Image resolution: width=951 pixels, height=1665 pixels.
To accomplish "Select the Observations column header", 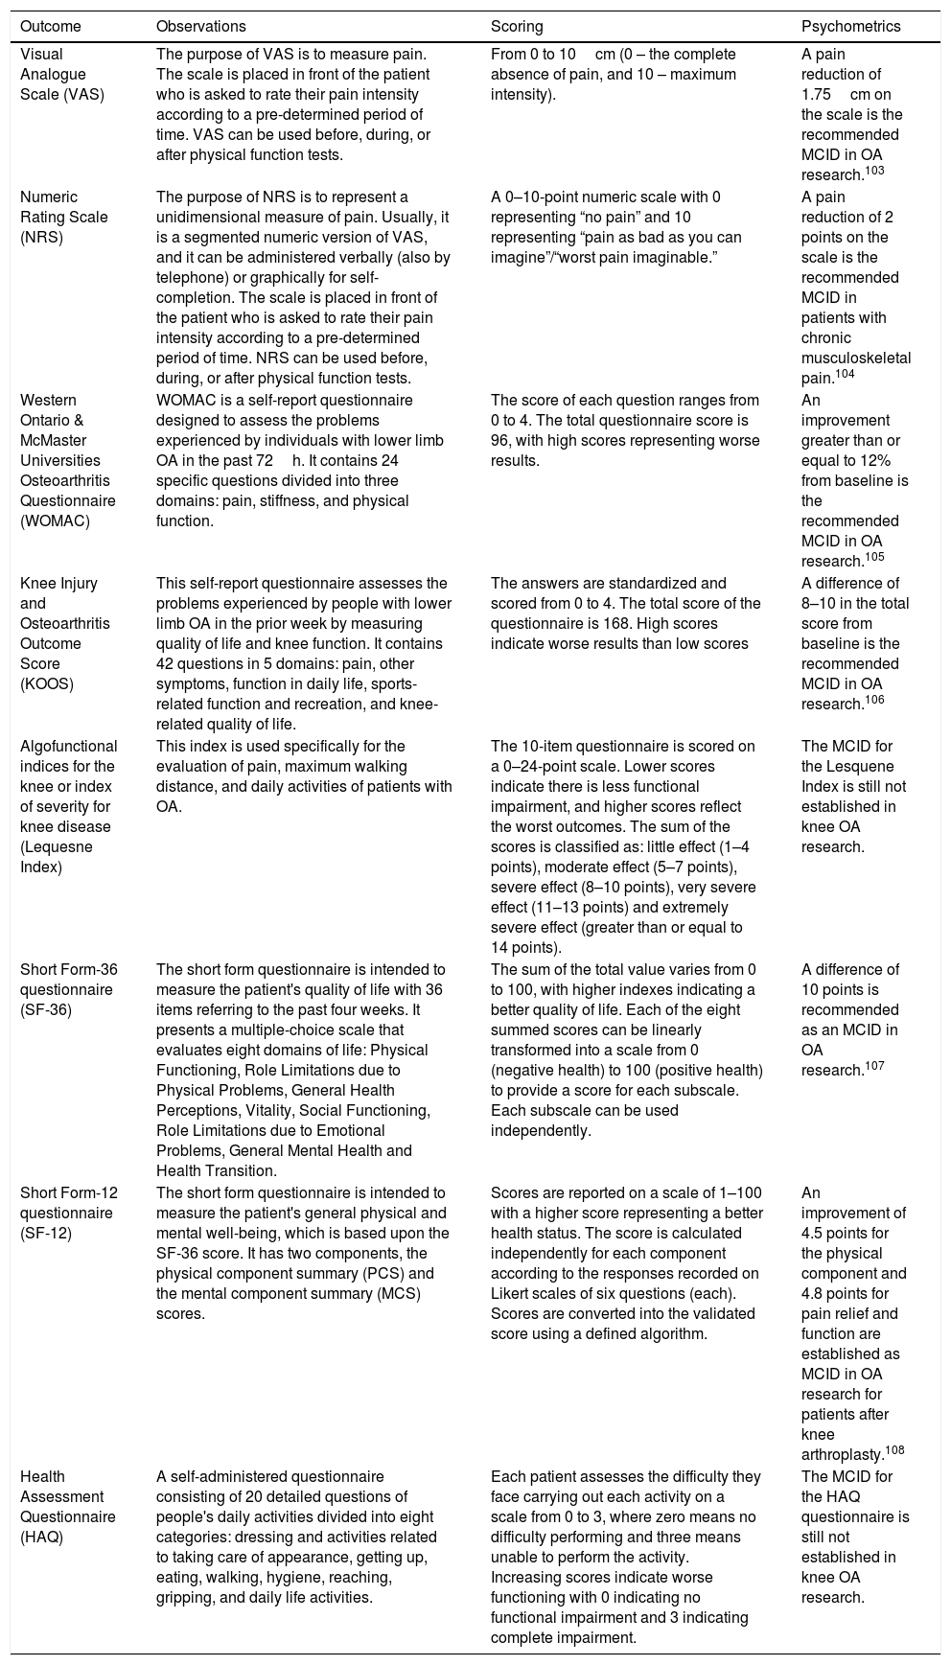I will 200,27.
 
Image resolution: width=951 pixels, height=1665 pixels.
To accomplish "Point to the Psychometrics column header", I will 850,27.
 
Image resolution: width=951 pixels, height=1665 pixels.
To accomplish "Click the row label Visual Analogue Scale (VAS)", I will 59,75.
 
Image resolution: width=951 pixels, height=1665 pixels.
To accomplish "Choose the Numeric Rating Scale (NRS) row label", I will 63,217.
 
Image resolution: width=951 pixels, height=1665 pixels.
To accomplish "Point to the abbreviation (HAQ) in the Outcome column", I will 42,1537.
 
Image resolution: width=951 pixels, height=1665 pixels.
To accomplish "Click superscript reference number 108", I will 894,1450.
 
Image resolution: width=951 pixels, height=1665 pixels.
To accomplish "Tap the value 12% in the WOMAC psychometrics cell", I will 893,460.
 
